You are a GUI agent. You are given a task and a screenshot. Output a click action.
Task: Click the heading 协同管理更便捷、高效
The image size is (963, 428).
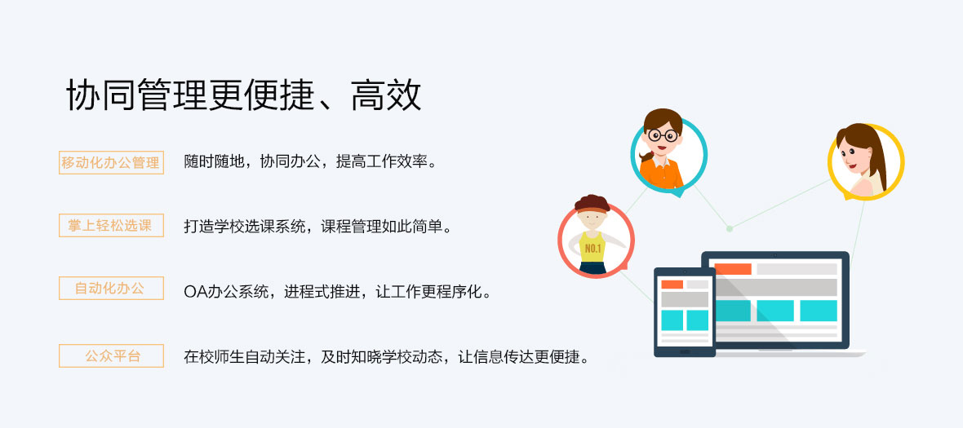[244, 95]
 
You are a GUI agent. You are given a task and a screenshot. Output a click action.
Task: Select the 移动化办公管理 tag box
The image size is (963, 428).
[111, 162]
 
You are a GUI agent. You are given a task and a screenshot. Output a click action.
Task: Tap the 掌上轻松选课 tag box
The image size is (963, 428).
[111, 225]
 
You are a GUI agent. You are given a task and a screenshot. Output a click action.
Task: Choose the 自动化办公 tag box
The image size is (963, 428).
[111, 289]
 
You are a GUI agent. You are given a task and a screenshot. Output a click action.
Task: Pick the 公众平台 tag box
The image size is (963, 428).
[111, 355]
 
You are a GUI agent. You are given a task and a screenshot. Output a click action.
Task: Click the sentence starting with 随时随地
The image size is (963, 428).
[311, 162]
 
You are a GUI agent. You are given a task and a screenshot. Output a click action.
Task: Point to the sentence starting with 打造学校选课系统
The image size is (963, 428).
[318, 227]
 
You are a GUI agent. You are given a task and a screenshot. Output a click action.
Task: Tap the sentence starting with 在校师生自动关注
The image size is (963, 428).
[387, 357]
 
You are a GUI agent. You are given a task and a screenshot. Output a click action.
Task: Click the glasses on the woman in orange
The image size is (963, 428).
[663, 135]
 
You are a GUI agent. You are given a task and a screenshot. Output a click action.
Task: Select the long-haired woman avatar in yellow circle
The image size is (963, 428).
[865, 162]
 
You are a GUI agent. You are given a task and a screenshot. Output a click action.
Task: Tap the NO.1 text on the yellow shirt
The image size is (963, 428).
[592, 249]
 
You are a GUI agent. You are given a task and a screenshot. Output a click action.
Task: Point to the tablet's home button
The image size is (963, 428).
[684, 352]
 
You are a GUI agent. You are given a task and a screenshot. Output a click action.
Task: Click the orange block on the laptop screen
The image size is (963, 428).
[733, 269]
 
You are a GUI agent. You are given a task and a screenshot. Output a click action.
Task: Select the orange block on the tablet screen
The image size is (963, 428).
[672, 285]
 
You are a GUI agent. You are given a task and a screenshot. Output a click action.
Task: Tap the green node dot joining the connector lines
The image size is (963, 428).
[730, 229]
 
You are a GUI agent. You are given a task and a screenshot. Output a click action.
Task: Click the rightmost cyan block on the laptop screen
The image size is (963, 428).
[818, 311]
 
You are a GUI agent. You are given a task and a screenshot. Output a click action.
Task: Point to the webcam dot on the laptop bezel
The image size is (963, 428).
[775, 255]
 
